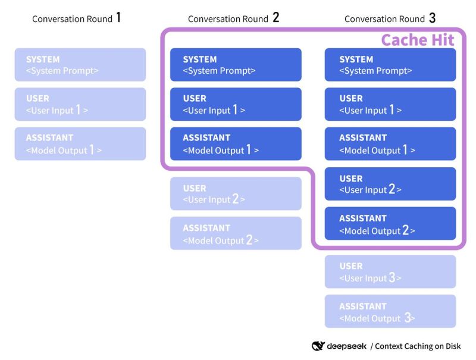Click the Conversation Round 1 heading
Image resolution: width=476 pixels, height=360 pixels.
[77, 18]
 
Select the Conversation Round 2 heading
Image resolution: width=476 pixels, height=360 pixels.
[233, 18]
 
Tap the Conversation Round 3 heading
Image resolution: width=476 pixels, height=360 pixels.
[390, 18]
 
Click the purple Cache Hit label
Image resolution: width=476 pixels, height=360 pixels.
[417, 40]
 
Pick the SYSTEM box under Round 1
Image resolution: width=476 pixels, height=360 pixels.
[80, 64]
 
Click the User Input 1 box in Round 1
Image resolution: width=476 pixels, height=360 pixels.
[80, 104]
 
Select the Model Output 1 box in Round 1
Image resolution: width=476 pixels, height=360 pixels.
[80, 143]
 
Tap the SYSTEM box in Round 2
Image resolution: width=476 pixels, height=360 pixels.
[236, 64]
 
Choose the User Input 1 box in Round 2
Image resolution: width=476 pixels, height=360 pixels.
[236, 104]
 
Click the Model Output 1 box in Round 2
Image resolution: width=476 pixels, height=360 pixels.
[236, 143]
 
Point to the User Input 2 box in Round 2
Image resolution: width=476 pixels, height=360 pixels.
[236, 193]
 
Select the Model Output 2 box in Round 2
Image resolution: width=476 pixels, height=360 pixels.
[236, 233]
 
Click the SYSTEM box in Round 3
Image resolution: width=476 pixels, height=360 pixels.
[390, 64]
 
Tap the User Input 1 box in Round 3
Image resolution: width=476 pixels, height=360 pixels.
[390, 104]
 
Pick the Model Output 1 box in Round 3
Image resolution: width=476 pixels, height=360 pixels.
[390, 143]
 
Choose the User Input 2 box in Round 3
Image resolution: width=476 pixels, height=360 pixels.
[390, 184]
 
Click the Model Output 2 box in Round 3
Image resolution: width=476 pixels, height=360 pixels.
[390, 224]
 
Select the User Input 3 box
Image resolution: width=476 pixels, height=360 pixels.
[390, 272]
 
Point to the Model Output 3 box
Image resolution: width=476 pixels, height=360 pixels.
[390, 311]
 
